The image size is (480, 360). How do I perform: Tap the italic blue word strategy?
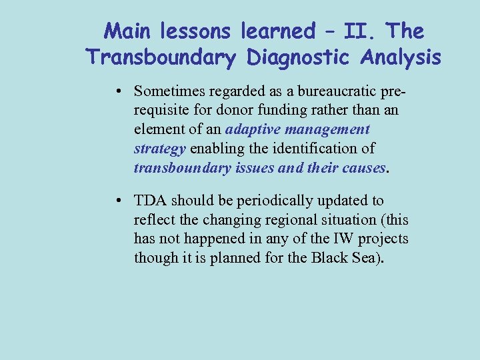[x=160, y=147]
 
